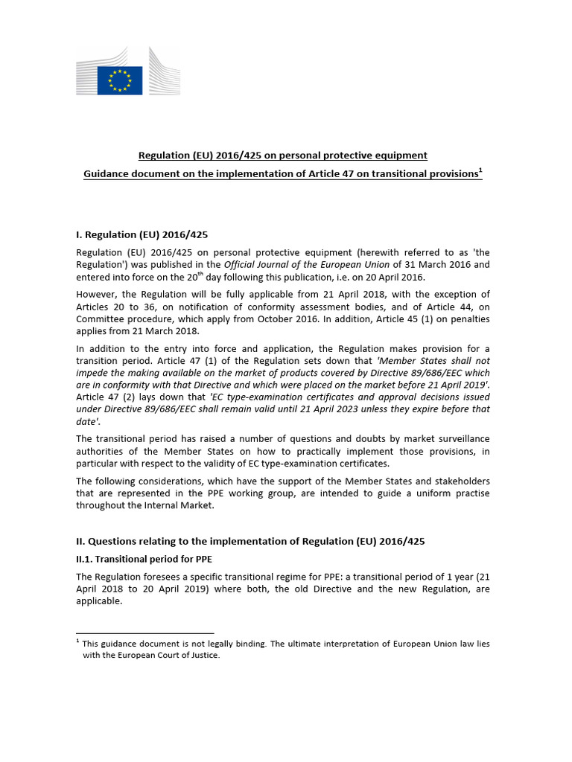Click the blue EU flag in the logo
coord(120,80)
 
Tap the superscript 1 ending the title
coord(480,170)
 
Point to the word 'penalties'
coord(468,319)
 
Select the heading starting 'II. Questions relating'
coord(250,542)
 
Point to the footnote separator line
coord(144,633)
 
